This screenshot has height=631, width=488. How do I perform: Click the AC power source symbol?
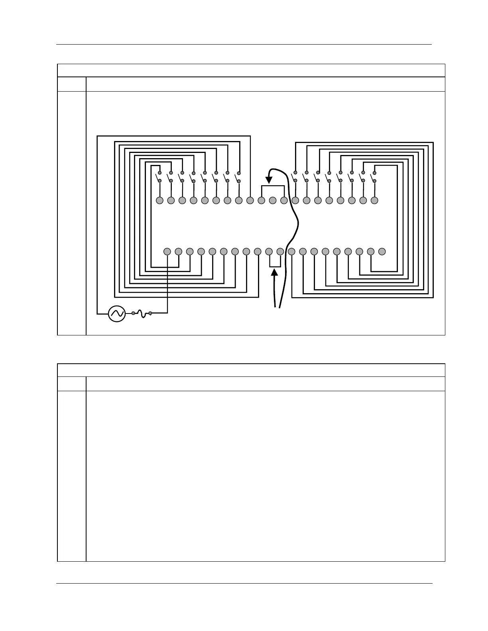pos(117,314)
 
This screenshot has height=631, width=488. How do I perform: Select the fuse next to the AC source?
pos(142,314)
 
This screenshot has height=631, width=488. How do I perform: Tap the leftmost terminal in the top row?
pos(159,200)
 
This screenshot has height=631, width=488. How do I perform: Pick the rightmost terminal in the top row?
pos(374,200)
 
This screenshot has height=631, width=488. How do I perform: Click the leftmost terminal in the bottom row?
pos(167,251)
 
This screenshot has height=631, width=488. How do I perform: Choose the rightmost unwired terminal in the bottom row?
pos(382,251)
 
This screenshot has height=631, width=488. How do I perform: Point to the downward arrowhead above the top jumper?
pos(269,180)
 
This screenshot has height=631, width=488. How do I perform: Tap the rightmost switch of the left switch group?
pos(238,177)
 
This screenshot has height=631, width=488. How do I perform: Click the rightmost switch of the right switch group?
pos(374,177)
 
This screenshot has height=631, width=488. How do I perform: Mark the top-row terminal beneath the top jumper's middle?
pos(273,200)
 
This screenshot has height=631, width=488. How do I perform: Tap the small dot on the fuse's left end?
pos(133,314)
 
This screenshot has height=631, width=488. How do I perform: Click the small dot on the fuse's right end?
pos(150,314)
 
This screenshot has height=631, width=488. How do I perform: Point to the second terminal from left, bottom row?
pos(179,251)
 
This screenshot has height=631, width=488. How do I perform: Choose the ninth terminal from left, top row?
pos(250,200)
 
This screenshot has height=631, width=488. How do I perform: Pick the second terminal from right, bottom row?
pos(371,251)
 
